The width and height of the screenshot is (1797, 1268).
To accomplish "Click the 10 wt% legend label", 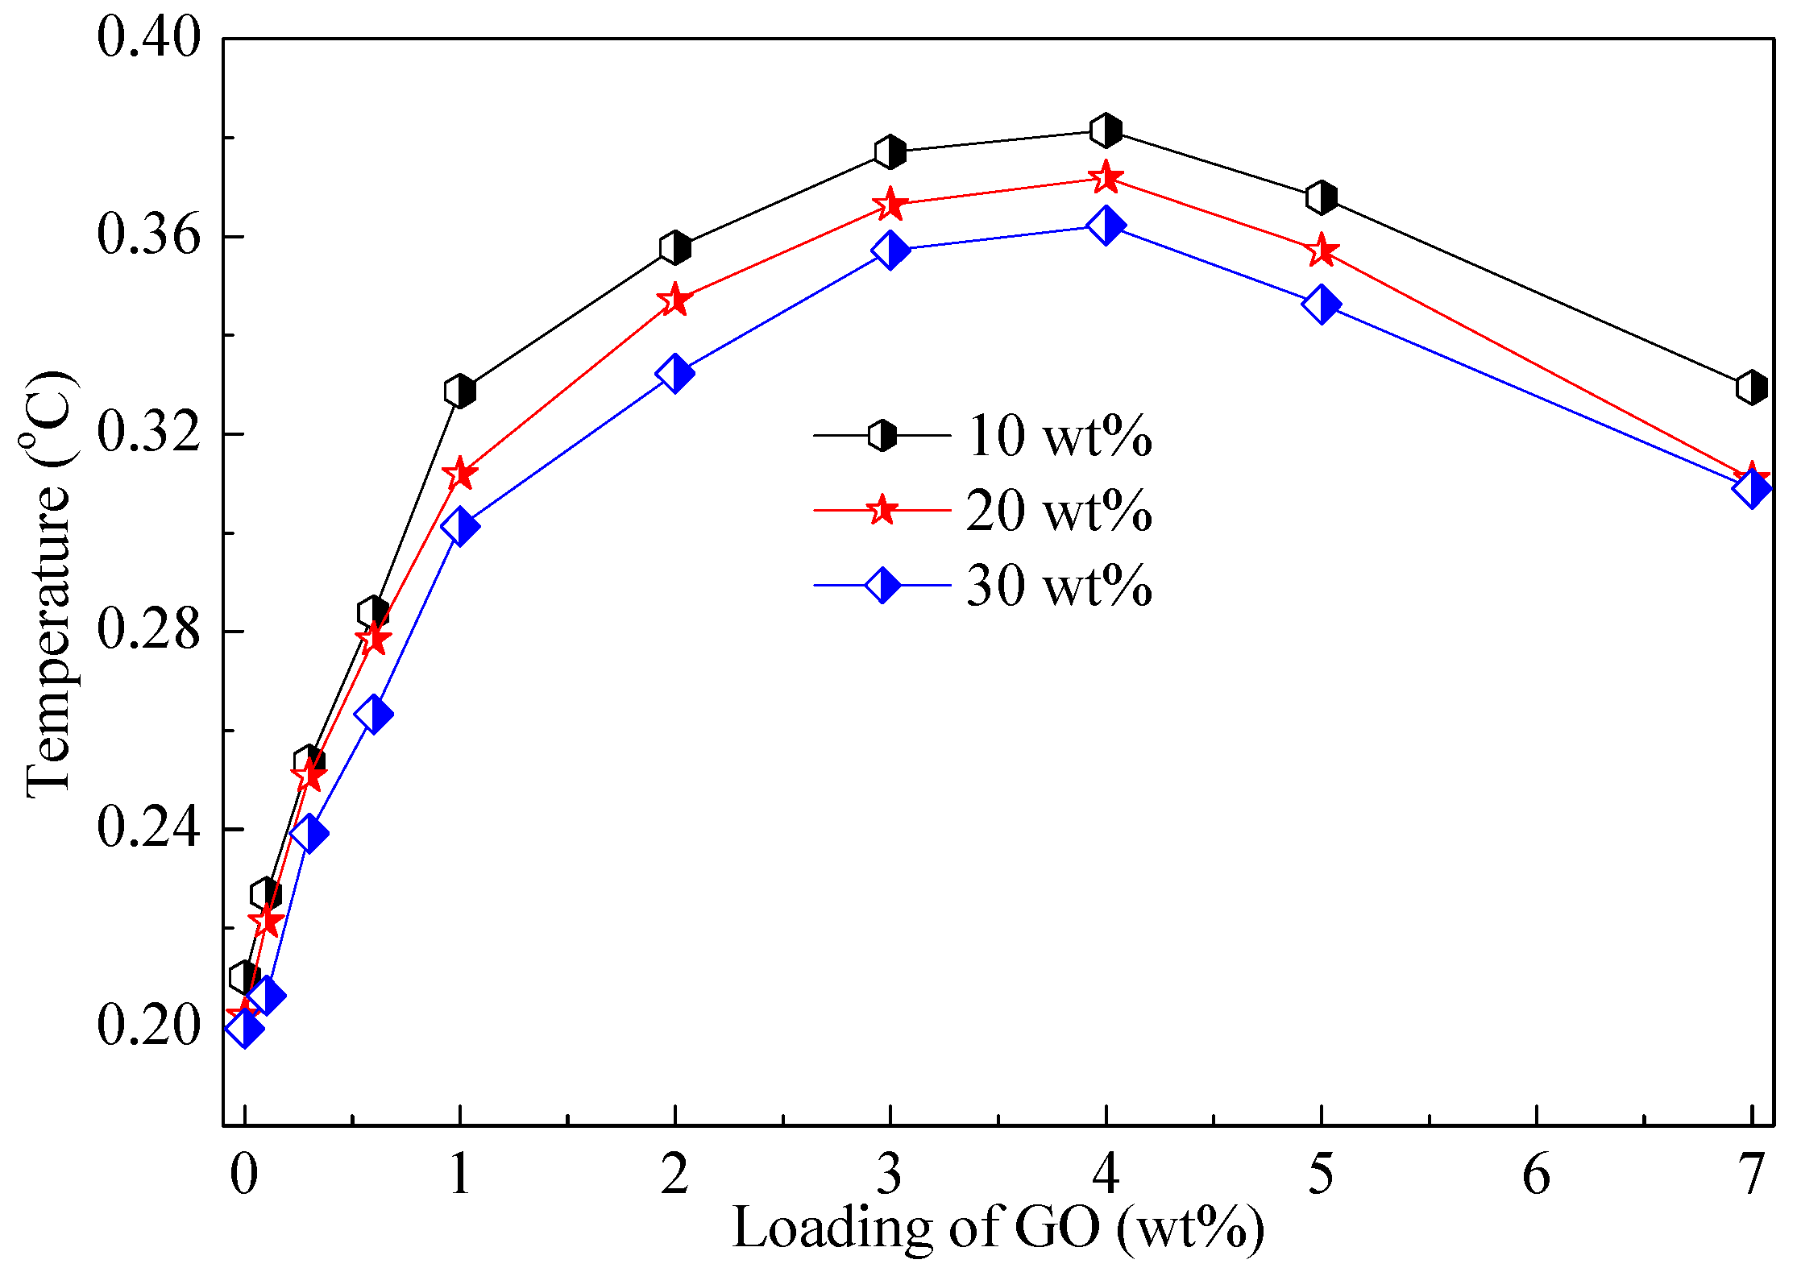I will click(1058, 436).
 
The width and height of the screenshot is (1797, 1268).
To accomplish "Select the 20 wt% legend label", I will click(1058, 510).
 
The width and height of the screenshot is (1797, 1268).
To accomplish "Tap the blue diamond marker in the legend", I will click(882, 585).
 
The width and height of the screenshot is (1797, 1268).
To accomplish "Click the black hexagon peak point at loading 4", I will click(1106, 130).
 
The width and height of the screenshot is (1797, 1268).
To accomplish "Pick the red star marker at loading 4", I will click(1106, 178).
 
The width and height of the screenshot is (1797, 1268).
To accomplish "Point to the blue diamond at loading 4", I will click(1106, 225).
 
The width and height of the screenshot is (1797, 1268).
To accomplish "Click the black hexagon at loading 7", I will click(1751, 387).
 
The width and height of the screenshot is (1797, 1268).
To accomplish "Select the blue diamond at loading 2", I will click(674, 374).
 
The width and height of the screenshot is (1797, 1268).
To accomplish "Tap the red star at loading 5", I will click(1321, 251).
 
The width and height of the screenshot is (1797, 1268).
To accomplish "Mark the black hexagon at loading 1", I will click(459, 392).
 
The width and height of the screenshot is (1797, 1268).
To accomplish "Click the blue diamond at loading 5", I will click(1321, 304).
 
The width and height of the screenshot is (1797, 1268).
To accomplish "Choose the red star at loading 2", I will click(674, 300).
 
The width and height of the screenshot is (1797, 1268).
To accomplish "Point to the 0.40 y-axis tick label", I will click(147, 37).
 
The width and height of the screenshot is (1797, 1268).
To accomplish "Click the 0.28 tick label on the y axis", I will click(147, 630).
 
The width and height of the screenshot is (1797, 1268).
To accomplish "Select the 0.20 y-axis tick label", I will click(147, 1026).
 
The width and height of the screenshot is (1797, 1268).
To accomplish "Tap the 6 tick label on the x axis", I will click(1536, 1175).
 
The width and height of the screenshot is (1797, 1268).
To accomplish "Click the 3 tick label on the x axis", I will click(890, 1175).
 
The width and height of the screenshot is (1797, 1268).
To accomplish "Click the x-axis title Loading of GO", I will click(998, 1228).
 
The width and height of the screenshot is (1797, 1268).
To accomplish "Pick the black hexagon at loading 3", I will click(890, 151).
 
